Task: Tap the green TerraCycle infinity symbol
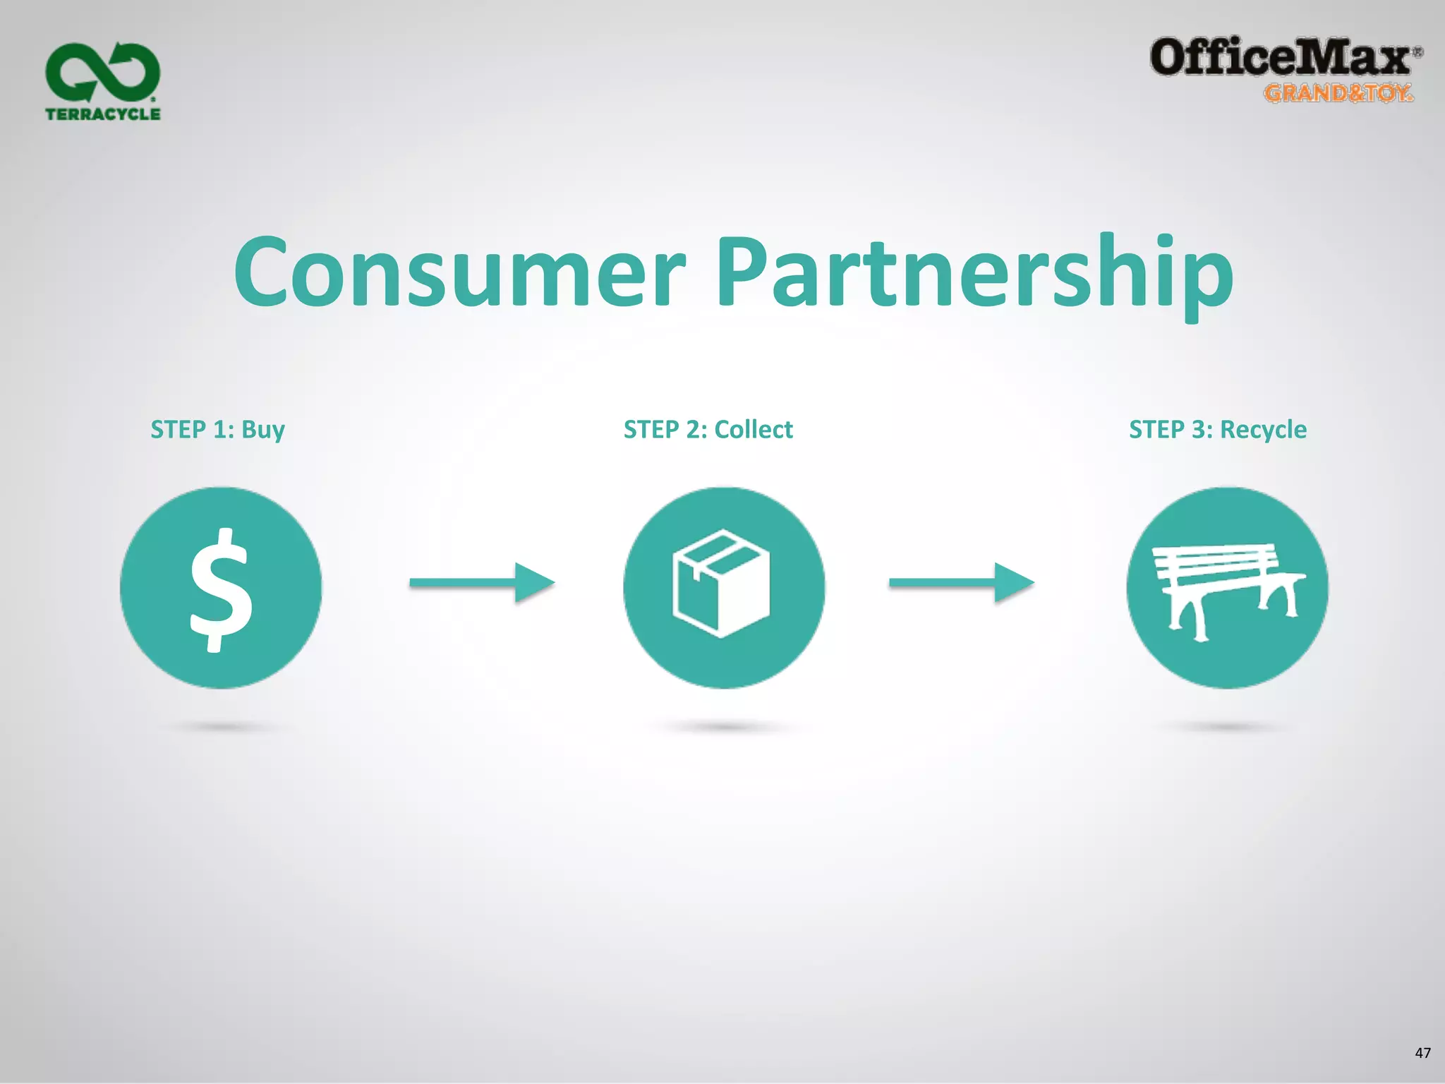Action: pos(103,72)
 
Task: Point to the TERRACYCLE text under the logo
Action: pos(103,114)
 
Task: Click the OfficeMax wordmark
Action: pos(1281,58)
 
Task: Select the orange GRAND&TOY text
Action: pos(1338,93)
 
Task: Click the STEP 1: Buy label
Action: pos(217,429)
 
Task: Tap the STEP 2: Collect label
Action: pos(708,429)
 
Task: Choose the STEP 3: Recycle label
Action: pos(1218,429)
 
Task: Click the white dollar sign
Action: pos(221,589)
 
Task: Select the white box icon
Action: pos(721,584)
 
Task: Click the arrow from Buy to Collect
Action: pos(482,583)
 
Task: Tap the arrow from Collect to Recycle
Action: pos(961,583)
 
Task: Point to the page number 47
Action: pos(1422,1053)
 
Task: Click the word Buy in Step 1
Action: pos(263,430)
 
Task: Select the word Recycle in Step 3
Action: pos(1263,429)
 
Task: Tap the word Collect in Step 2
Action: pos(754,429)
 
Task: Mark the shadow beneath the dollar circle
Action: pos(221,727)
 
